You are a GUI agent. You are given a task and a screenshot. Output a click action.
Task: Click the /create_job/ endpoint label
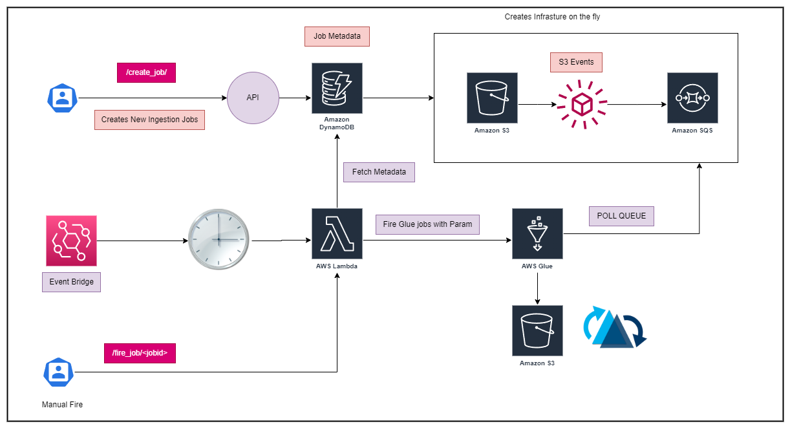pyautogui.click(x=146, y=72)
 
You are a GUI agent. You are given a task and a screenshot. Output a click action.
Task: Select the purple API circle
pyautogui.click(x=253, y=98)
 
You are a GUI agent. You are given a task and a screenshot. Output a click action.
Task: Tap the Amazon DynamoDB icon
pyautogui.click(x=337, y=88)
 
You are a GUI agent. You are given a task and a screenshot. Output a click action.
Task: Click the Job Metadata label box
pyautogui.click(x=337, y=36)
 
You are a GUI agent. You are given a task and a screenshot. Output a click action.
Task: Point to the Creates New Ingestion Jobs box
pyautogui.click(x=149, y=120)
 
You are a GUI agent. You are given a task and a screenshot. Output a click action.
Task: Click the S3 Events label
pyautogui.click(x=576, y=62)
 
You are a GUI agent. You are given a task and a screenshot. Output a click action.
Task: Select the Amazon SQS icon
pyautogui.click(x=692, y=98)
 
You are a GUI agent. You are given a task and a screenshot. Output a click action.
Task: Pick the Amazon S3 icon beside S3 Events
pyautogui.click(x=492, y=98)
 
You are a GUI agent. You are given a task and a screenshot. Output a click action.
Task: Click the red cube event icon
pyautogui.click(x=582, y=105)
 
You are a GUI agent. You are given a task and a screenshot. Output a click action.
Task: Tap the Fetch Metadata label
pyautogui.click(x=379, y=172)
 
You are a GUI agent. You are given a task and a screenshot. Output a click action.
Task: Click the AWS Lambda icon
pyautogui.click(x=337, y=233)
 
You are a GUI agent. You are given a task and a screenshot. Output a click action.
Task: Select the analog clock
pyautogui.click(x=219, y=239)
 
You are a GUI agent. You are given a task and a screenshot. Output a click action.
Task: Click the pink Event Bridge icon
pyautogui.click(x=71, y=241)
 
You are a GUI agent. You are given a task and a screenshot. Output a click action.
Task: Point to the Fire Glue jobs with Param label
pyautogui.click(x=427, y=224)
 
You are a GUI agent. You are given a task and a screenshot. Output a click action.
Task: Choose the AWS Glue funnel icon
pyautogui.click(x=537, y=233)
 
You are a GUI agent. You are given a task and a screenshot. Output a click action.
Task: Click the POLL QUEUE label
pyautogui.click(x=621, y=216)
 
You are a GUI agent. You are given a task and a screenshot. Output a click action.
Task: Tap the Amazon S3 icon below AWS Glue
pyautogui.click(x=537, y=330)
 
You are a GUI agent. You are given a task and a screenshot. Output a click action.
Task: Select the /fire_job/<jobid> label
pyautogui.click(x=140, y=353)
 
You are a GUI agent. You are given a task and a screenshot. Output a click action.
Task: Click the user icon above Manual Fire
pyautogui.click(x=59, y=372)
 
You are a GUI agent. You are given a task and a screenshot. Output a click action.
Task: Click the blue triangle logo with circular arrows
pyautogui.click(x=615, y=327)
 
